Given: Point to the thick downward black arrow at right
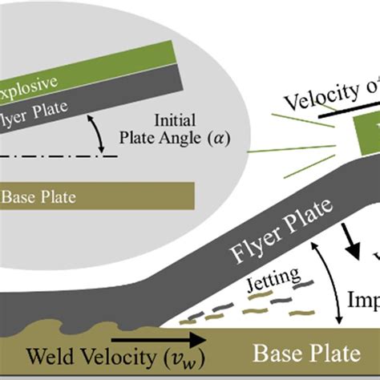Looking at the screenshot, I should coord(350,240).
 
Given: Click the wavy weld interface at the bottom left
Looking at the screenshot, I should coord(64,329).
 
